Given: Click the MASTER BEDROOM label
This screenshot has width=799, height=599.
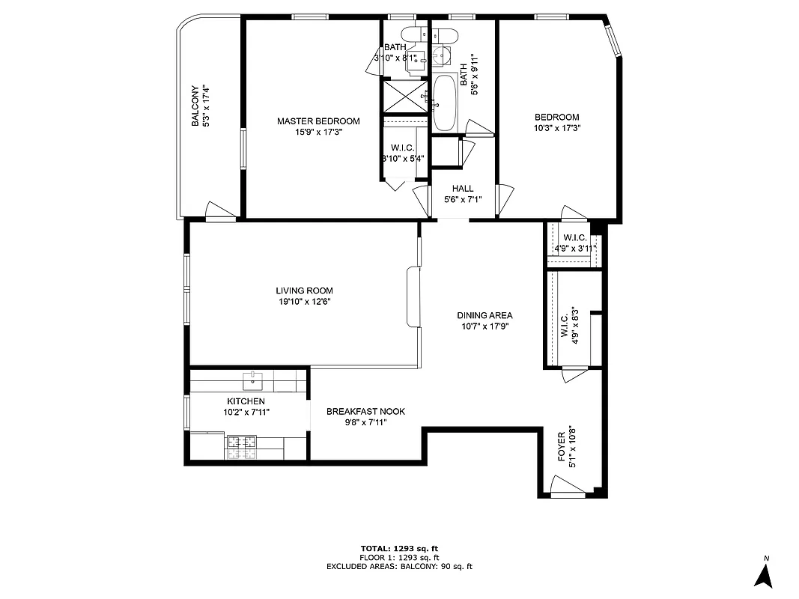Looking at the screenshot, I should pyautogui.click(x=318, y=121).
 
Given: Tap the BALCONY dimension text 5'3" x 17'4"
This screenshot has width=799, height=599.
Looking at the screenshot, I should pyautogui.click(x=205, y=106).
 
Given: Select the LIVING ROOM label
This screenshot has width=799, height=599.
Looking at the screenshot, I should pyautogui.click(x=304, y=291).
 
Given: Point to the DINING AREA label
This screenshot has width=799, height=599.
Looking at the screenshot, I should pyautogui.click(x=484, y=315).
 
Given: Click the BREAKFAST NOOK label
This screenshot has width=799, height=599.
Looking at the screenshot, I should pyautogui.click(x=365, y=411).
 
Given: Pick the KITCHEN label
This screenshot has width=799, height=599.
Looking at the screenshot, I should pyautogui.click(x=246, y=401).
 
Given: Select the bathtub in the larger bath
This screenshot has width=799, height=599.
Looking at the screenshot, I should pyautogui.click(x=444, y=102).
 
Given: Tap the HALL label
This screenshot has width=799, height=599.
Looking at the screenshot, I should pyautogui.click(x=462, y=189).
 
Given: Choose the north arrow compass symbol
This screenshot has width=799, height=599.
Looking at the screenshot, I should pyautogui.click(x=763, y=574).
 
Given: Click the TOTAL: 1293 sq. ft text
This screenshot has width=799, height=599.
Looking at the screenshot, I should pyautogui.click(x=399, y=548).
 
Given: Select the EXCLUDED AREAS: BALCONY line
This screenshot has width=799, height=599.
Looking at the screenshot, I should pyautogui.click(x=399, y=567).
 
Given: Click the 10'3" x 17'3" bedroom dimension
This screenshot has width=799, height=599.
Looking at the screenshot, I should pyautogui.click(x=556, y=128).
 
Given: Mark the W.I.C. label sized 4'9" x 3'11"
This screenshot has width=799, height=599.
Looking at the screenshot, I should pyautogui.click(x=575, y=238).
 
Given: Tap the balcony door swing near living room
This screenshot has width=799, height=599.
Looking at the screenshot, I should pyautogui.click(x=219, y=211).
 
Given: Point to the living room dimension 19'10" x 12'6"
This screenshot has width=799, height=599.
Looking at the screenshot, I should pyautogui.click(x=304, y=302).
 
